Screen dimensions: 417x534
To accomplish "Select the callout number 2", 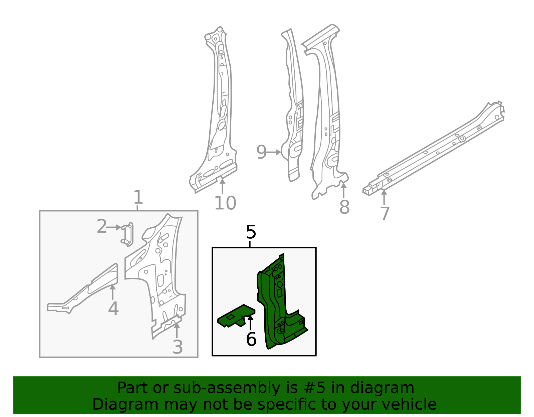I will click(x=101, y=227).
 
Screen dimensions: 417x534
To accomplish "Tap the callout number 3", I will click(x=178, y=347).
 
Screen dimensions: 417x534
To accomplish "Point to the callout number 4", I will click(x=113, y=308).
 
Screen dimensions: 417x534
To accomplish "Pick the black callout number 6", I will click(x=251, y=340).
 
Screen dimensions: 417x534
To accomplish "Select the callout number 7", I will click(x=385, y=214).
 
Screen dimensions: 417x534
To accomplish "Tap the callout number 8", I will click(x=344, y=207).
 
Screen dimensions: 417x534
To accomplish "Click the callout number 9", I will click(x=261, y=152).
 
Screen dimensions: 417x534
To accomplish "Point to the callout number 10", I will click(x=225, y=203).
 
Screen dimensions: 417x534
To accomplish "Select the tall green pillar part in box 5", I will click(x=277, y=300).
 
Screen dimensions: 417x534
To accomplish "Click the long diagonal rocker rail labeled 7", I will click(x=434, y=150).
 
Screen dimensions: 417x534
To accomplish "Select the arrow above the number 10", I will click(x=222, y=186).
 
